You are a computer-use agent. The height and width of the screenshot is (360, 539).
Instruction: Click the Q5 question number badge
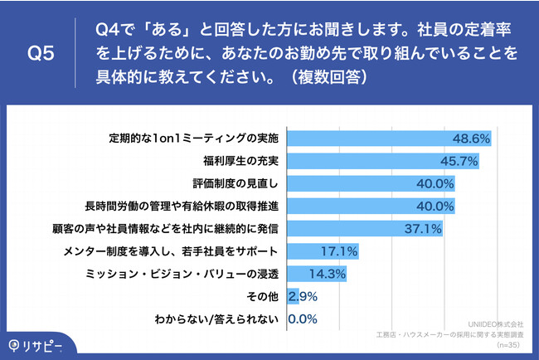click(x=41, y=54)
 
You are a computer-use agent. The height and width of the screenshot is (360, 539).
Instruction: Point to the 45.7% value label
click(x=459, y=161)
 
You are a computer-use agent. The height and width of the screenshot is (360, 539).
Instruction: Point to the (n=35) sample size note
click(x=507, y=343)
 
